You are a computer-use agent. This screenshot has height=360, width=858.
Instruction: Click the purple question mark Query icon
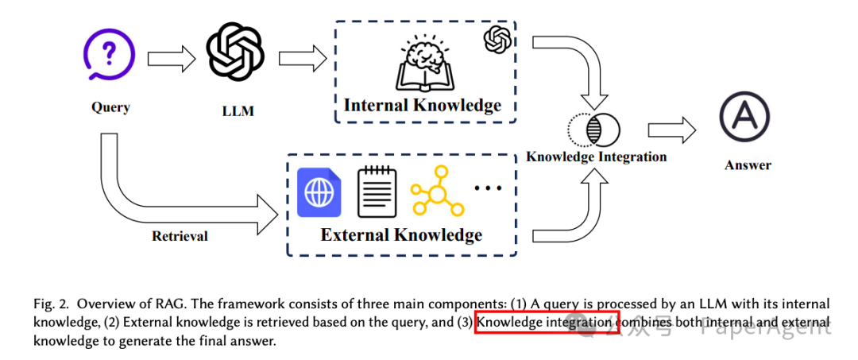[x=110, y=55]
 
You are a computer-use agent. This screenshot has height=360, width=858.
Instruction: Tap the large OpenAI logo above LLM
[x=235, y=52]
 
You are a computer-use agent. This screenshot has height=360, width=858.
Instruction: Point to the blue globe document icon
[x=319, y=192]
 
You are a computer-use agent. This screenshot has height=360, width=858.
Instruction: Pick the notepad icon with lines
[x=377, y=192]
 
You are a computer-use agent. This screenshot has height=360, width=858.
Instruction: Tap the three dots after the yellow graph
[x=488, y=188]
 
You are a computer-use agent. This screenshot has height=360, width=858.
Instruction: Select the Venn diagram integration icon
[x=594, y=130]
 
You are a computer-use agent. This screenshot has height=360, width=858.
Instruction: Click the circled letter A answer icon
[x=746, y=117]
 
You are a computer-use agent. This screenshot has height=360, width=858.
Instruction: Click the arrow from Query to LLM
[x=170, y=57]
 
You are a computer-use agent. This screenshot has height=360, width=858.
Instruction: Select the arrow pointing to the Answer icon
[x=671, y=130]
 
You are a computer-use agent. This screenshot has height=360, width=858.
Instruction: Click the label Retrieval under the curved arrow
[x=180, y=235]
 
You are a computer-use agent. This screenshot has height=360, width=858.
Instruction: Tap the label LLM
[x=238, y=111]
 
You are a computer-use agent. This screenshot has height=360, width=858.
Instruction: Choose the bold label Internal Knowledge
[x=423, y=105]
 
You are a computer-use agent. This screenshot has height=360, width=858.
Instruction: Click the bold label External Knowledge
[x=401, y=234]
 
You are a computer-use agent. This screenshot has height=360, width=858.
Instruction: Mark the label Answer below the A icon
[x=748, y=165]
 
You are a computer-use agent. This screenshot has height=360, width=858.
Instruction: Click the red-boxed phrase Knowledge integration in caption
[x=546, y=323]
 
